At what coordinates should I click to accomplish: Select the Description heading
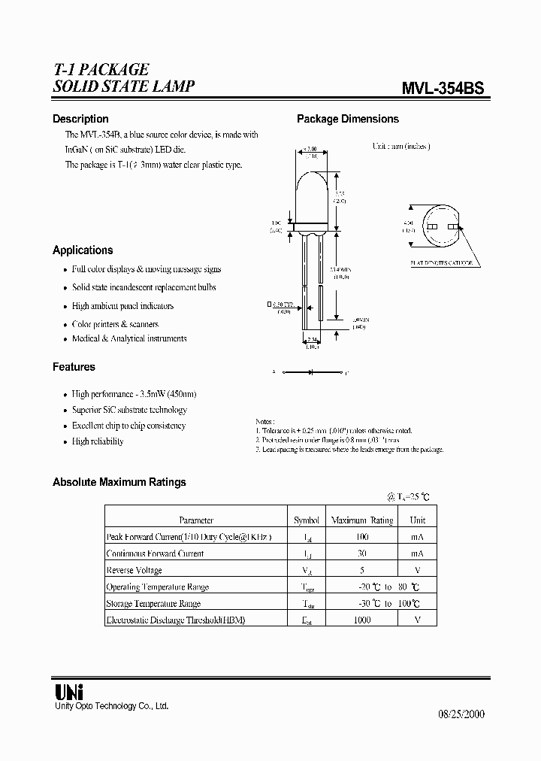coord(80,119)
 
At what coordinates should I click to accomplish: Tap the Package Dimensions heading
coord(348,119)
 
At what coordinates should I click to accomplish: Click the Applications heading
coord(83,250)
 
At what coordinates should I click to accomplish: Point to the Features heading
coord(74,367)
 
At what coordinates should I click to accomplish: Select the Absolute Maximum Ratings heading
coord(119,482)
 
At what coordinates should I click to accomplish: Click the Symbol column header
coord(306,520)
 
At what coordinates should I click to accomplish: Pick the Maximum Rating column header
coord(362,520)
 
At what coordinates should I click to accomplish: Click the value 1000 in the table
coord(362,620)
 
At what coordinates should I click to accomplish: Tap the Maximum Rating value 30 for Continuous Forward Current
coord(362,553)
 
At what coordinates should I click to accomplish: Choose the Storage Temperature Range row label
coord(153,603)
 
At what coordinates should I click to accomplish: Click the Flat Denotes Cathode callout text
coord(441,262)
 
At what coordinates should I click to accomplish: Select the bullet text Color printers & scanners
coord(115,324)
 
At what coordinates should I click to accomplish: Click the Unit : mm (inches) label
coord(401,147)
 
